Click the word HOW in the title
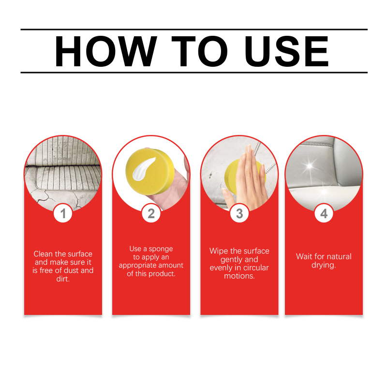pos(106,51)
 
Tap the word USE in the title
pos(286,51)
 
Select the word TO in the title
pos(199,51)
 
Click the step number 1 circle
pos(63,213)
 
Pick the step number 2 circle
pos(151,213)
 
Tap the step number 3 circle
pos(239,213)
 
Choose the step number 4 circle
pos(324,213)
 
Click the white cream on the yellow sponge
pos(143,169)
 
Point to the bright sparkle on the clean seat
pos(309,165)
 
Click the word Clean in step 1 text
pos(43,253)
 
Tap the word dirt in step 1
pos(62,279)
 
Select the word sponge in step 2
pos(161,249)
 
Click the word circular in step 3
pos(256,268)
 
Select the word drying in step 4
pos(323,265)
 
